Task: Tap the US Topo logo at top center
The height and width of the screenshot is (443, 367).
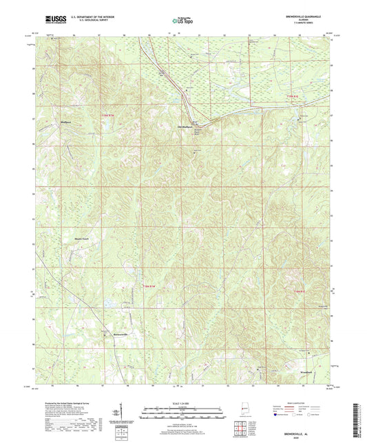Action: [x=182, y=21]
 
